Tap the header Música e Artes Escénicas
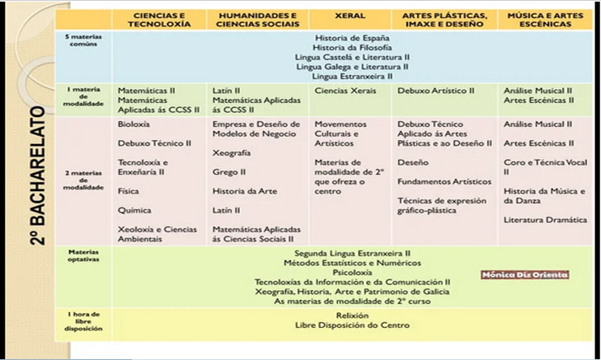[540, 20]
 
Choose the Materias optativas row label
[83, 255]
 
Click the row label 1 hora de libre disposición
[84, 321]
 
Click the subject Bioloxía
[134, 124]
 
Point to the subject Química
[134, 210]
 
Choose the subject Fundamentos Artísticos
[437, 181]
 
